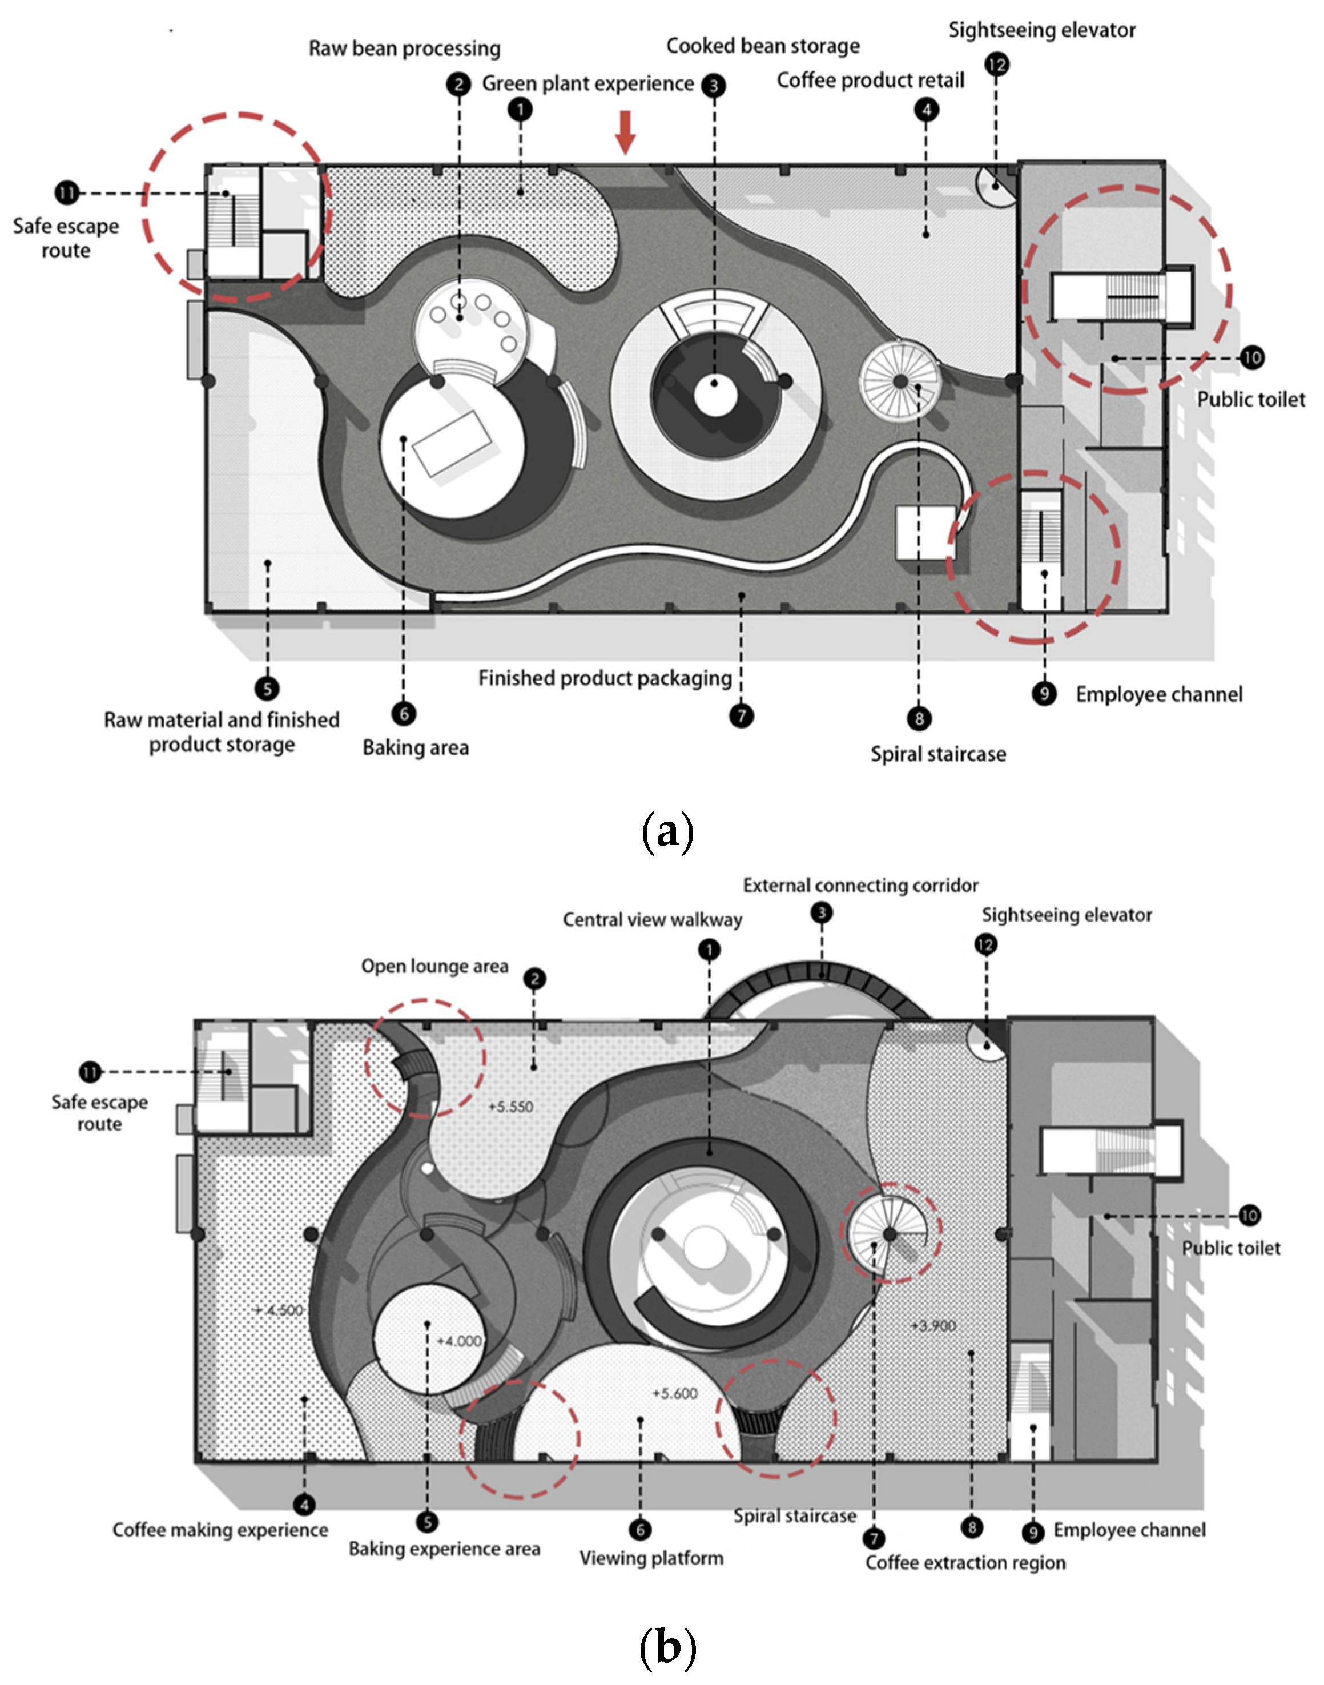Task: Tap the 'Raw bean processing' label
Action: tap(405, 49)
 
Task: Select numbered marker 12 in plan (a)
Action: tap(997, 65)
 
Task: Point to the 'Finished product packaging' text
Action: tap(605, 678)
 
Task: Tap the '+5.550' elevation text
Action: tap(511, 1107)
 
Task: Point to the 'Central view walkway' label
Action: tap(652, 920)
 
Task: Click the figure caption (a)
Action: tap(667, 831)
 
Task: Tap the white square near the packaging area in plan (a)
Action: tap(925, 533)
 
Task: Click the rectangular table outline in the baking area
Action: tap(454, 443)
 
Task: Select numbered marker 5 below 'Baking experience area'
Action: tap(427, 1523)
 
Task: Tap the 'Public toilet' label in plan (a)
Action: tap(1250, 400)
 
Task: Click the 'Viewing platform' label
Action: tap(651, 1558)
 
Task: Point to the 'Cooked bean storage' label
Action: tap(763, 46)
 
